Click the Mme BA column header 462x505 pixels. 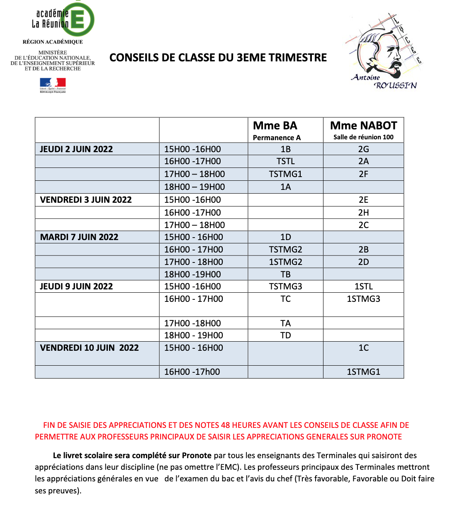click(275, 126)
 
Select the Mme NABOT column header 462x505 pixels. click(363, 126)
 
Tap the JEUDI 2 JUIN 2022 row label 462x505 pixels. click(76, 149)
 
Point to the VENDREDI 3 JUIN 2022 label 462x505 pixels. click(86, 200)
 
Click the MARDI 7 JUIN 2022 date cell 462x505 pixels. click(79, 237)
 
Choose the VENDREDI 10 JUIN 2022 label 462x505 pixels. click(89, 348)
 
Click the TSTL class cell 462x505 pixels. click(285, 161)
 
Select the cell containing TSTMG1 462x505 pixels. click(285, 174)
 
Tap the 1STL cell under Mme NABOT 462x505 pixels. click(363, 286)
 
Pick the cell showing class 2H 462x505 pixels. click(363, 213)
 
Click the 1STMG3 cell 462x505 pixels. click(363, 299)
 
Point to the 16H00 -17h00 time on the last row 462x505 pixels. click(192, 372)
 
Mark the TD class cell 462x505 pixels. click(285, 335)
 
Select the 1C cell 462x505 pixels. click(363, 348)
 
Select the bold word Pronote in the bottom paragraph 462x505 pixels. click(197, 455)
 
